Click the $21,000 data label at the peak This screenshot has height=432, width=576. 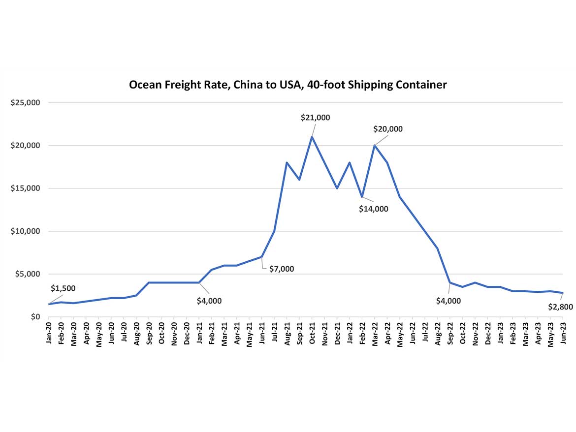pos(315,118)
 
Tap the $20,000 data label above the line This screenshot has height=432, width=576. pos(388,129)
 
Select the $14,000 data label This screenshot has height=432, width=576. pos(373,209)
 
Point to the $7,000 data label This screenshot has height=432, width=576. pos(282,269)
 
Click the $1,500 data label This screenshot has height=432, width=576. pos(63,288)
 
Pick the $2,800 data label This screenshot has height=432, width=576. pos(560,307)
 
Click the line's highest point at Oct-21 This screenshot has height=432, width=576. pos(312,137)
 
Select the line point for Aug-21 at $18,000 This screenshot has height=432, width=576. pos(287,162)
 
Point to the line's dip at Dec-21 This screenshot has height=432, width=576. pos(337,188)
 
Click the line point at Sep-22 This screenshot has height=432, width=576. pos(450,282)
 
